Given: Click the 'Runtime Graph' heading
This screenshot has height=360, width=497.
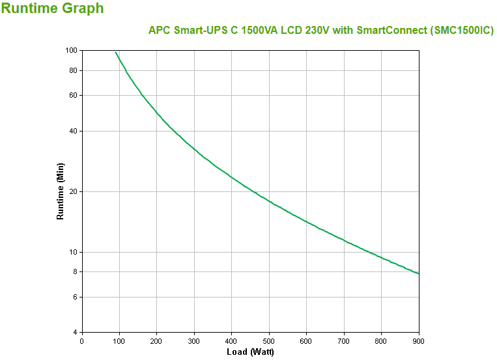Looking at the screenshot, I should click(53, 8).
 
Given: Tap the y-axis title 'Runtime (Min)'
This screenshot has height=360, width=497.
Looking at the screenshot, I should click(61, 191).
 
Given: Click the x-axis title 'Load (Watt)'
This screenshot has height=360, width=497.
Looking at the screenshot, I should click(250, 352).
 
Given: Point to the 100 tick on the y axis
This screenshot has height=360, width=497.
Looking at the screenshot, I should click(71, 50).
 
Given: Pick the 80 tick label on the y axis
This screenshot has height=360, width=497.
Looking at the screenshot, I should click(73, 70).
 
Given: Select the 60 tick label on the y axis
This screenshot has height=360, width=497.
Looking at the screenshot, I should click(73, 95).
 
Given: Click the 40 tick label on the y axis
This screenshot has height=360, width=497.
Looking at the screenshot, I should click(73, 131).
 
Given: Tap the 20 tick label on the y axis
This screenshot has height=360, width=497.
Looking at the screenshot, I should click(73, 191).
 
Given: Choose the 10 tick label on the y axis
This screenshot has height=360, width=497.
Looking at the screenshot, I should click(73, 252).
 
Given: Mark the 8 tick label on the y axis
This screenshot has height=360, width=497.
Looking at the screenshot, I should click(75, 271).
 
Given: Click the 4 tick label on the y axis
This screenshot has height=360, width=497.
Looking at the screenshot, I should click(75, 332).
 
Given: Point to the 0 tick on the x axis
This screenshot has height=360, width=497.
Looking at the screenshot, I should click(81, 340).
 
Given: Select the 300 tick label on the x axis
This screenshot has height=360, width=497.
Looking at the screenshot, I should click(194, 340).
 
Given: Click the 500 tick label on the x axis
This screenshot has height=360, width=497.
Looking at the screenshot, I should click(269, 340).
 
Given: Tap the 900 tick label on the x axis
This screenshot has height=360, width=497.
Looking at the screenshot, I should click(419, 340).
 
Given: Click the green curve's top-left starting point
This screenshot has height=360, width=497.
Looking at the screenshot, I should click(116, 52).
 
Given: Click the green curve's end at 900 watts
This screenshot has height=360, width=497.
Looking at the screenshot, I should click(419, 273).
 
